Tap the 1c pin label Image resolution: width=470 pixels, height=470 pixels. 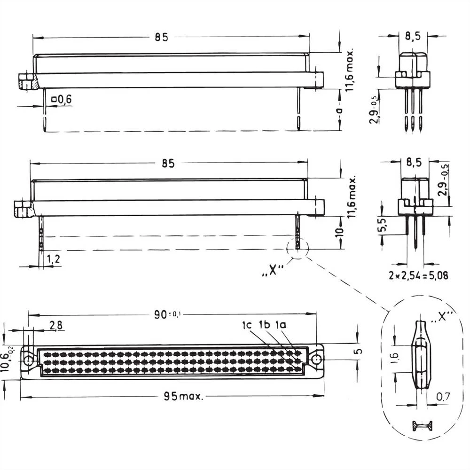(248, 325)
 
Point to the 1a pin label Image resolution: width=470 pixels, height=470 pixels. (281, 325)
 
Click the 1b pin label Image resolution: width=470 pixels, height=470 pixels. (264, 325)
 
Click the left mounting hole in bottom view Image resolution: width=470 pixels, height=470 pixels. (29, 360)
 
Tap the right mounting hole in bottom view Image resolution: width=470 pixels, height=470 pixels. (317, 360)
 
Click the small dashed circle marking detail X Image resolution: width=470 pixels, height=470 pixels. (298, 248)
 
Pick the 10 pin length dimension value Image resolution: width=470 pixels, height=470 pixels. (342, 231)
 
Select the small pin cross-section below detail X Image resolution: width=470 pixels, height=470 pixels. (423, 426)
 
